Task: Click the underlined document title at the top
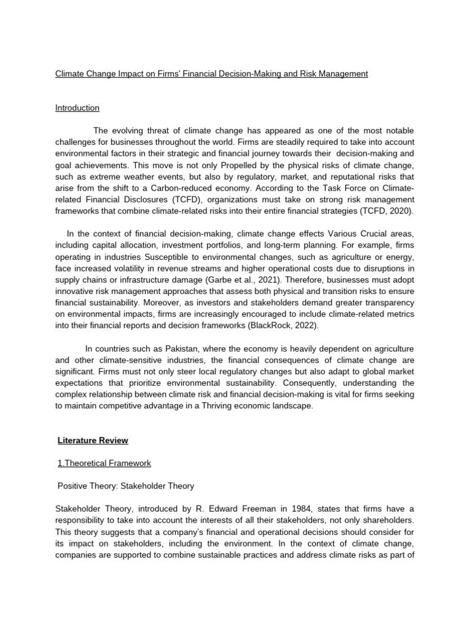211,74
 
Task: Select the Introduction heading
77,108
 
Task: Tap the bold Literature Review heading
92,440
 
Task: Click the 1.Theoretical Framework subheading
103,463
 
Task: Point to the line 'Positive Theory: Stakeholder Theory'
125,487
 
